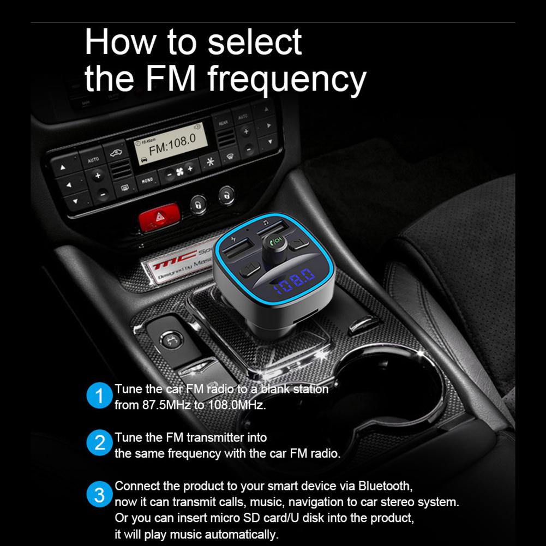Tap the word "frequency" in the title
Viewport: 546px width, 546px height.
tap(286, 79)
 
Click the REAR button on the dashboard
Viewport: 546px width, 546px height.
tap(223, 124)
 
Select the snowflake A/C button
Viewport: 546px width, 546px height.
tap(208, 161)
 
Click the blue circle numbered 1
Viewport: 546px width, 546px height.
tap(99, 397)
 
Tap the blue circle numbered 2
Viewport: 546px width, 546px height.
tap(99, 443)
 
